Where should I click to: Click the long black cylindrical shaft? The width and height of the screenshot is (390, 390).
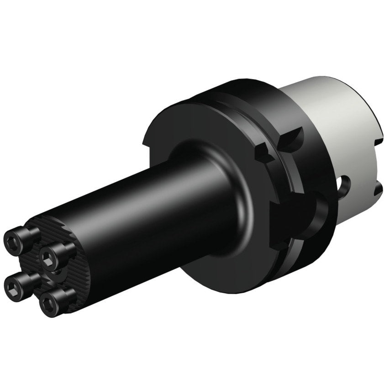point(137,215)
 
